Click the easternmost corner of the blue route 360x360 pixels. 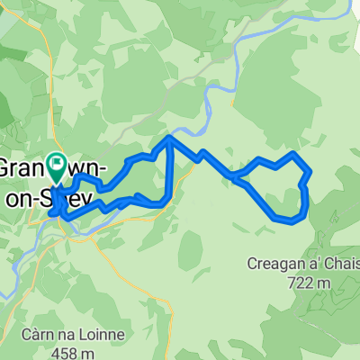310,170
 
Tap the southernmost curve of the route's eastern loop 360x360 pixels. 286,219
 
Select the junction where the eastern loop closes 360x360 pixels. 239,178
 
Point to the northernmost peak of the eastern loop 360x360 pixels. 293,154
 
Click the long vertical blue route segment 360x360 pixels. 169,171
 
